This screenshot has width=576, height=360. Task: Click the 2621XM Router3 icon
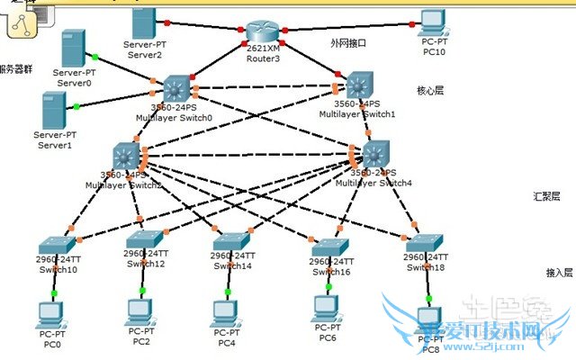point(263,32)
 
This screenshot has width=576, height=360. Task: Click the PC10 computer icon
point(434,22)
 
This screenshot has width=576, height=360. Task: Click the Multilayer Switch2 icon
point(126,157)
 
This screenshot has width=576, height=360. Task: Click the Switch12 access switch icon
point(144,239)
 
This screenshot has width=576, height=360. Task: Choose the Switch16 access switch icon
point(329,247)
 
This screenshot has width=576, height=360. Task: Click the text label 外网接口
point(348,42)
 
